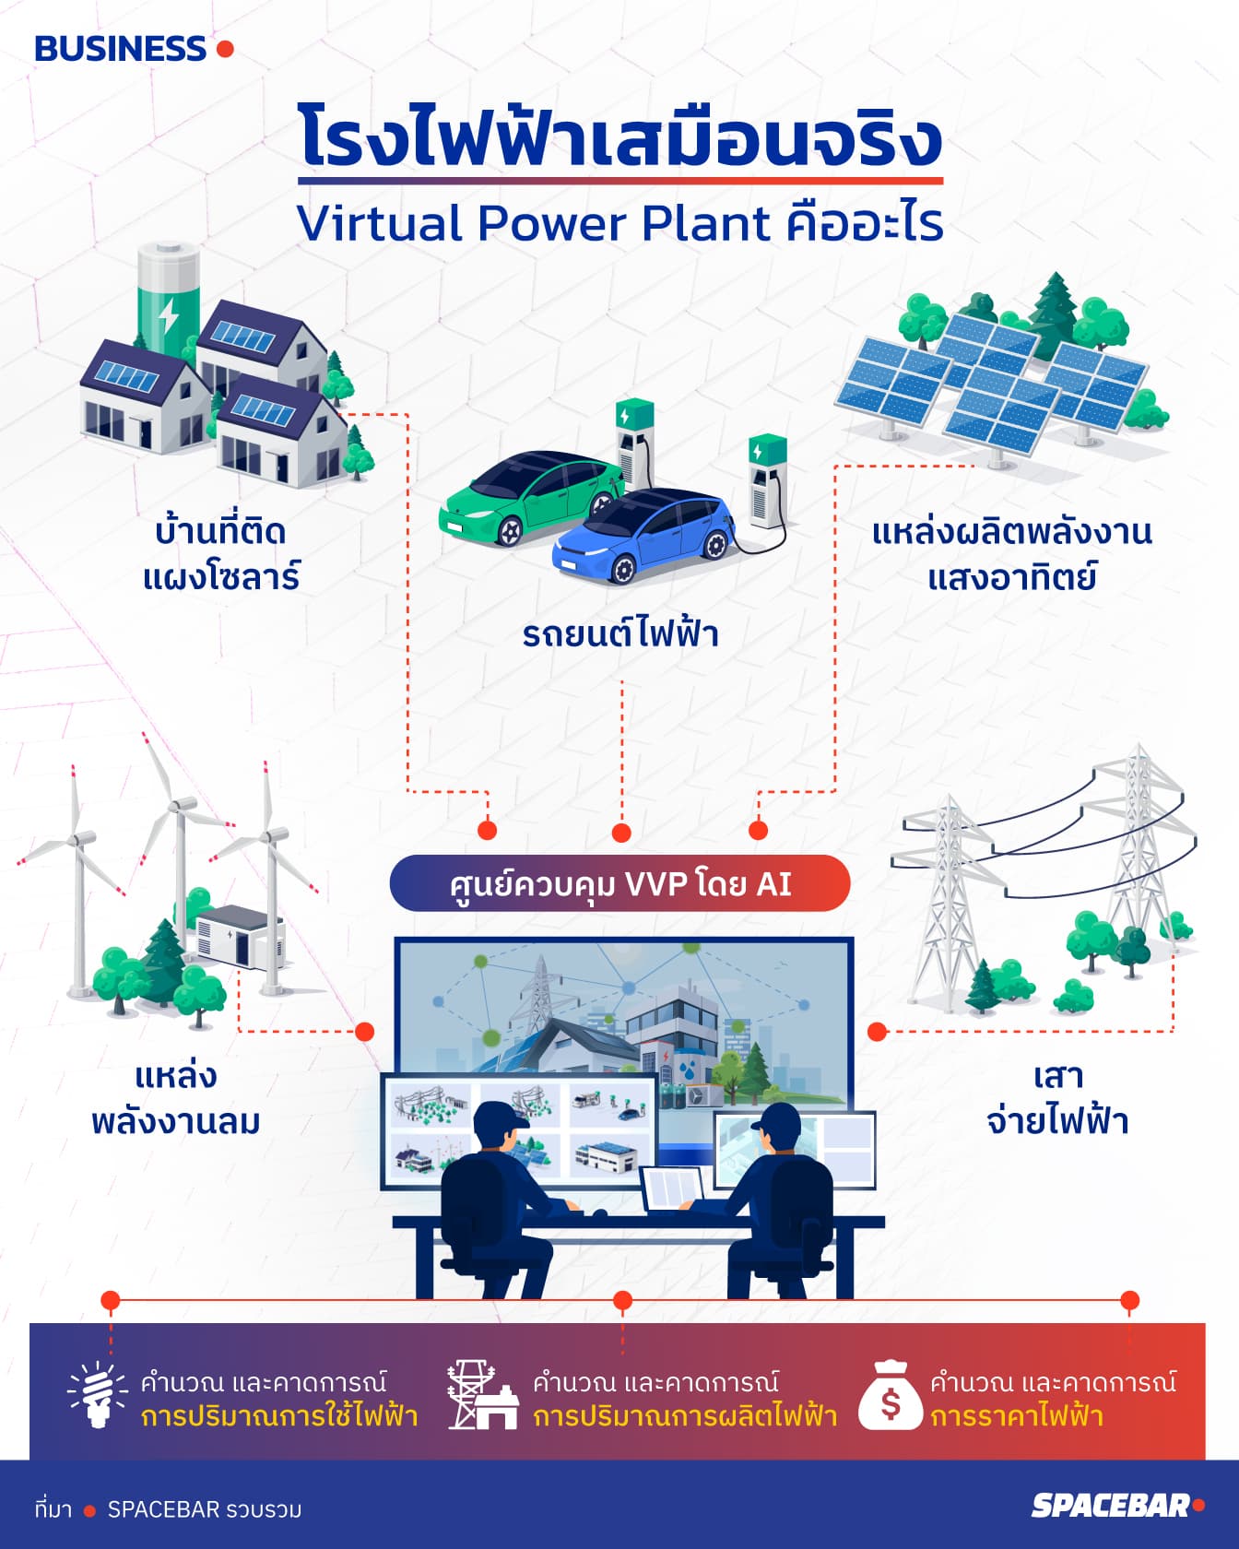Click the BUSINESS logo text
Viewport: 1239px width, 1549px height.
click(120, 49)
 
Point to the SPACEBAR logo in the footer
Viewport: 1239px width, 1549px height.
click(1111, 1505)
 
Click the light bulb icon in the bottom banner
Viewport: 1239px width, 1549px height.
click(97, 1395)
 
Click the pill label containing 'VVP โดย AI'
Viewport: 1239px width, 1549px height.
click(619, 883)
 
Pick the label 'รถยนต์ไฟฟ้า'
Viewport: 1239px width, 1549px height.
click(619, 634)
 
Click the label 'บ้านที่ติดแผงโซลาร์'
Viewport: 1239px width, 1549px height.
click(221, 554)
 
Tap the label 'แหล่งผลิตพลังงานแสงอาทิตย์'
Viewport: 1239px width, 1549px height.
click(1012, 554)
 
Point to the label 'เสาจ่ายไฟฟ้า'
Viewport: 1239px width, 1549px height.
click(1057, 1098)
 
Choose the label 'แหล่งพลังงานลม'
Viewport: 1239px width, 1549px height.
click(175, 1098)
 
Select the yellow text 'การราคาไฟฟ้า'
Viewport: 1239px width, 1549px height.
click(1017, 1415)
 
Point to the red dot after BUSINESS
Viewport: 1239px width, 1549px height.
click(225, 49)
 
